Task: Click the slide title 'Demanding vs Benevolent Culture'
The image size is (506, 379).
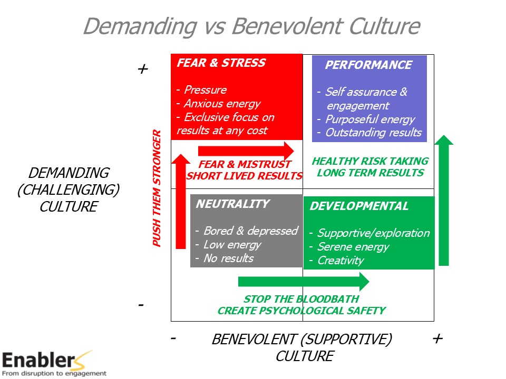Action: [x=251, y=26]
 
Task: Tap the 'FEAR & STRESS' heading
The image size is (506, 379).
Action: [x=221, y=63]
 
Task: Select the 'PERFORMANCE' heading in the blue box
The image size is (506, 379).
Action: [x=368, y=65]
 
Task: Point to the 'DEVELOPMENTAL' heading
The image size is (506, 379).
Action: [x=359, y=206]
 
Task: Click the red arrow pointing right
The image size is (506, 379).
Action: [x=246, y=151]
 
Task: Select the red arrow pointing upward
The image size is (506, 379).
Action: [x=180, y=200]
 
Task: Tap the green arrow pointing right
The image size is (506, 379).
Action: [x=304, y=282]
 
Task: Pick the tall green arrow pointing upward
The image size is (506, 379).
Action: [x=444, y=200]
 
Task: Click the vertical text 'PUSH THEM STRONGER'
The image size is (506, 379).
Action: [x=157, y=188]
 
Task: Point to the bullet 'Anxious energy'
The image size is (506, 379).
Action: [x=221, y=104]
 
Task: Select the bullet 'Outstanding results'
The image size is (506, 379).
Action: [x=373, y=133]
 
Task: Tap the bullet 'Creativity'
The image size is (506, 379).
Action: [x=340, y=261]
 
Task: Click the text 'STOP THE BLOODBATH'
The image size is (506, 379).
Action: [x=301, y=300]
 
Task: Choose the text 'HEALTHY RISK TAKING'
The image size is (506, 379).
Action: [x=370, y=161]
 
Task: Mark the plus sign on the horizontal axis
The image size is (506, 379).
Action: [x=437, y=338]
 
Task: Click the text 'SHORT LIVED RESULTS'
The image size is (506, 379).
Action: [x=245, y=176]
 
